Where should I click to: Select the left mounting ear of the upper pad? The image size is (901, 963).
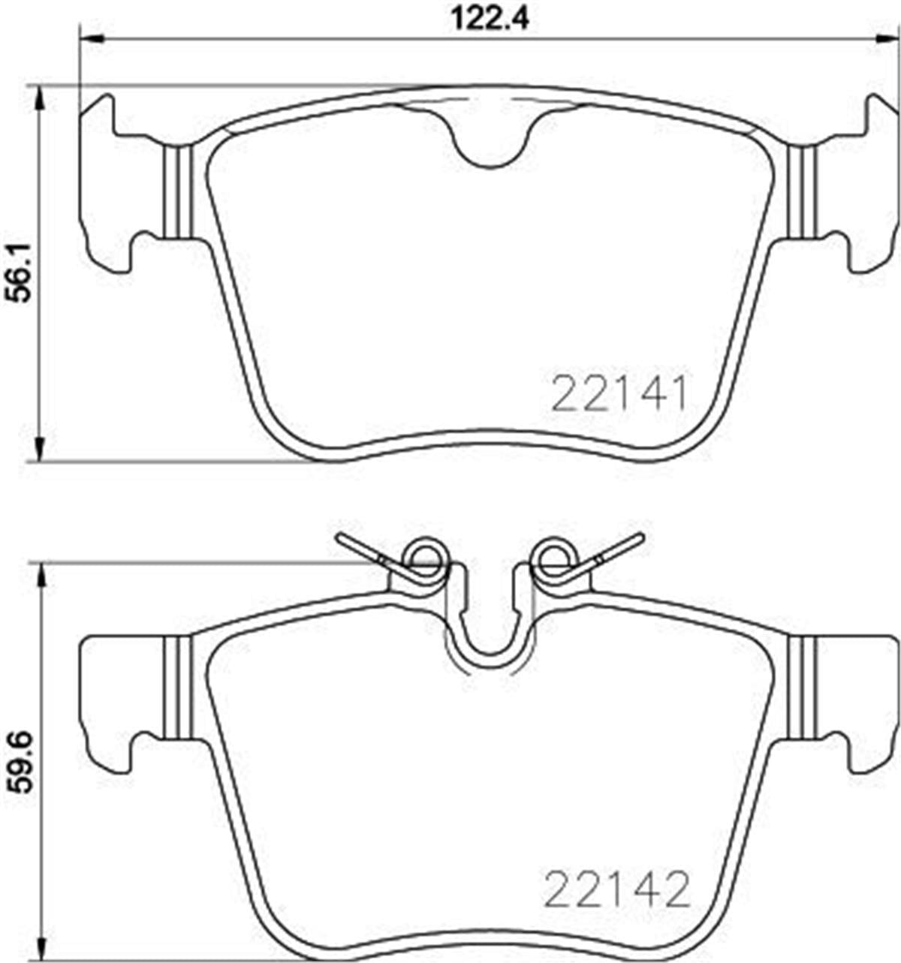[x=113, y=188]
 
